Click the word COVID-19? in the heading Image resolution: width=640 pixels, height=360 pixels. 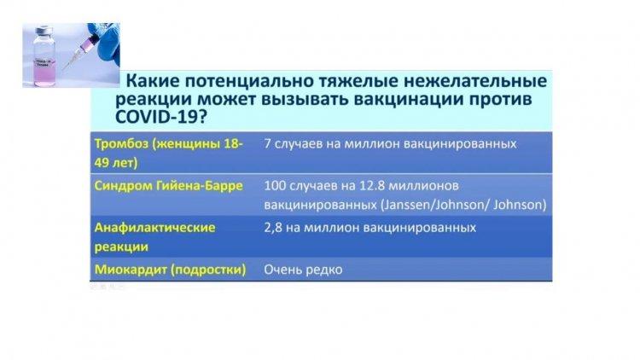point(161,117)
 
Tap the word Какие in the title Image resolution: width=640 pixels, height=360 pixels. point(153,80)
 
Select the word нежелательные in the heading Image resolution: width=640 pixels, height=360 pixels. point(475,81)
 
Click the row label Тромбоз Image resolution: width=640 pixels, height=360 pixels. point(121,143)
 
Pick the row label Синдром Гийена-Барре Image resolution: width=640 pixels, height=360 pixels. point(169,186)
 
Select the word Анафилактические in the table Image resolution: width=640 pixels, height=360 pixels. point(154,228)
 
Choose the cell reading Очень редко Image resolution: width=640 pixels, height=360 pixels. point(303,270)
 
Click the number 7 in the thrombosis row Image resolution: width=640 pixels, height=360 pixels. point(267,143)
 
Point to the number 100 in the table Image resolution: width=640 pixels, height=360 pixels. point(275,186)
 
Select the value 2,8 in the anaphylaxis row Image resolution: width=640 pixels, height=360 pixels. point(273,228)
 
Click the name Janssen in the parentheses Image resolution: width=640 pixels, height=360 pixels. point(405,205)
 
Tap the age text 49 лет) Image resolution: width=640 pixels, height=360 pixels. point(116,163)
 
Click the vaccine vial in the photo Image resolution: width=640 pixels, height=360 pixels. point(44,56)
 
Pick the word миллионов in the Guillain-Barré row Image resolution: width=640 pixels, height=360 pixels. point(423,186)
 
